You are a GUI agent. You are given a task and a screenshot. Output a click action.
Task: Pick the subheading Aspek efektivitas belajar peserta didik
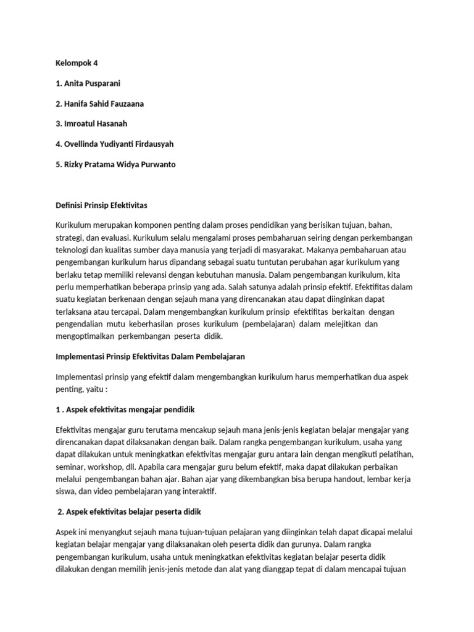(129, 512)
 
